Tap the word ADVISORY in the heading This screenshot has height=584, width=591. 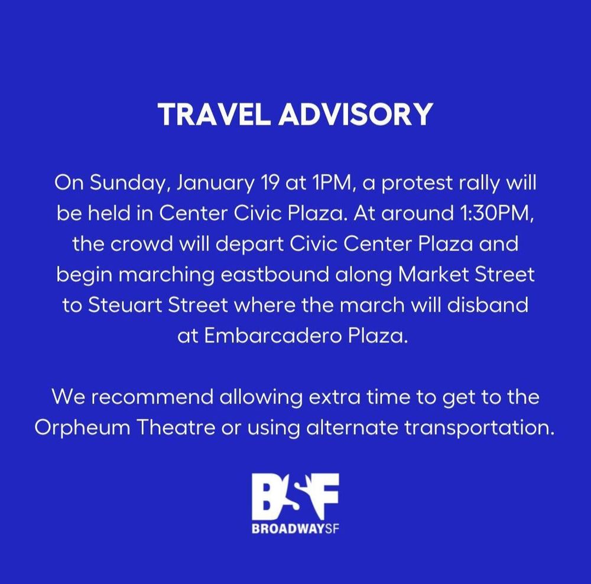(x=355, y=114)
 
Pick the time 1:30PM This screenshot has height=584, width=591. (x=497, y=214)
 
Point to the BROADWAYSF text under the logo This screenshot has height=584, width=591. (x=295, y=529)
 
